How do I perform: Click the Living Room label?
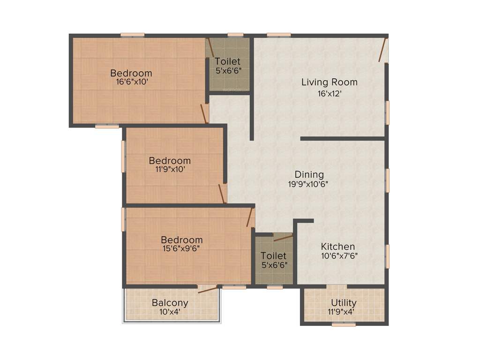pos(329,82)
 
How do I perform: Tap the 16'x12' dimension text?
pos(329,93)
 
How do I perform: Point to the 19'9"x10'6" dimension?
pos(308,184)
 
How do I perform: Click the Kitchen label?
pos(337,247)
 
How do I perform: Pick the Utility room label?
pos(344,303)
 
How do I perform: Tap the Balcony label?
pos(170,303)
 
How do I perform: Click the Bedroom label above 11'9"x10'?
pos(170,160)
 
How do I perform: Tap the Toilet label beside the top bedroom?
pos(228,61)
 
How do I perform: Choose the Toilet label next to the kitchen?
pos(273,256)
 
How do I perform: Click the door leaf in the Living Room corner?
pos(383,50)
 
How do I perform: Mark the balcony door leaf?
pos(208,289)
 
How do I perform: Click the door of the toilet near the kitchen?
pos(283,238)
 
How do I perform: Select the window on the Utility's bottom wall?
pos(344,324)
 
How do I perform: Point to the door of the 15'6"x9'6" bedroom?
pos(250,217)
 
